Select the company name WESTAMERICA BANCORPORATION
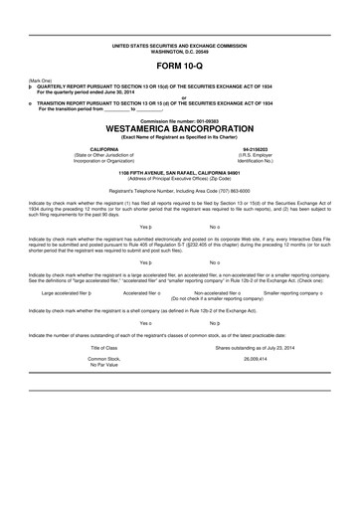(180, 127)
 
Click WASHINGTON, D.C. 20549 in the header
(180, 53)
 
